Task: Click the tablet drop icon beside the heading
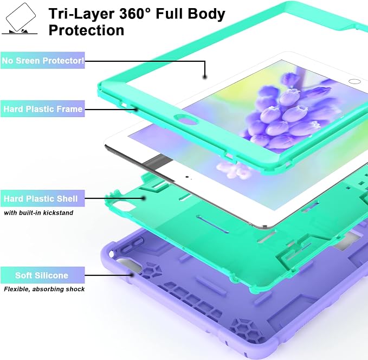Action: click(20, 18)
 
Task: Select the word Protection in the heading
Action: click(86, 30)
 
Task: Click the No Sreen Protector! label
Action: click(43, 61)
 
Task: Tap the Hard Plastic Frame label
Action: click(43, 109)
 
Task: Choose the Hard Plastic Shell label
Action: click(43, 198)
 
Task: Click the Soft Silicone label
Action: click(43, 275)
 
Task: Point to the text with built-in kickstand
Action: click(38, 213)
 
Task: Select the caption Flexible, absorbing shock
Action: click(44, 289)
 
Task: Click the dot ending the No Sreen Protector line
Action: click(205, 77)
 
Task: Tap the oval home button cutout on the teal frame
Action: click(186, 119)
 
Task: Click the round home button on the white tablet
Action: click(354, 81)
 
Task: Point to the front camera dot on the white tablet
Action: click(187, 177)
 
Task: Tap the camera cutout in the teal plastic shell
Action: click(123, 207)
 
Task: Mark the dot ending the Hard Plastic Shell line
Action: click(144, 198)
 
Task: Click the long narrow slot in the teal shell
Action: click(213, 224)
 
